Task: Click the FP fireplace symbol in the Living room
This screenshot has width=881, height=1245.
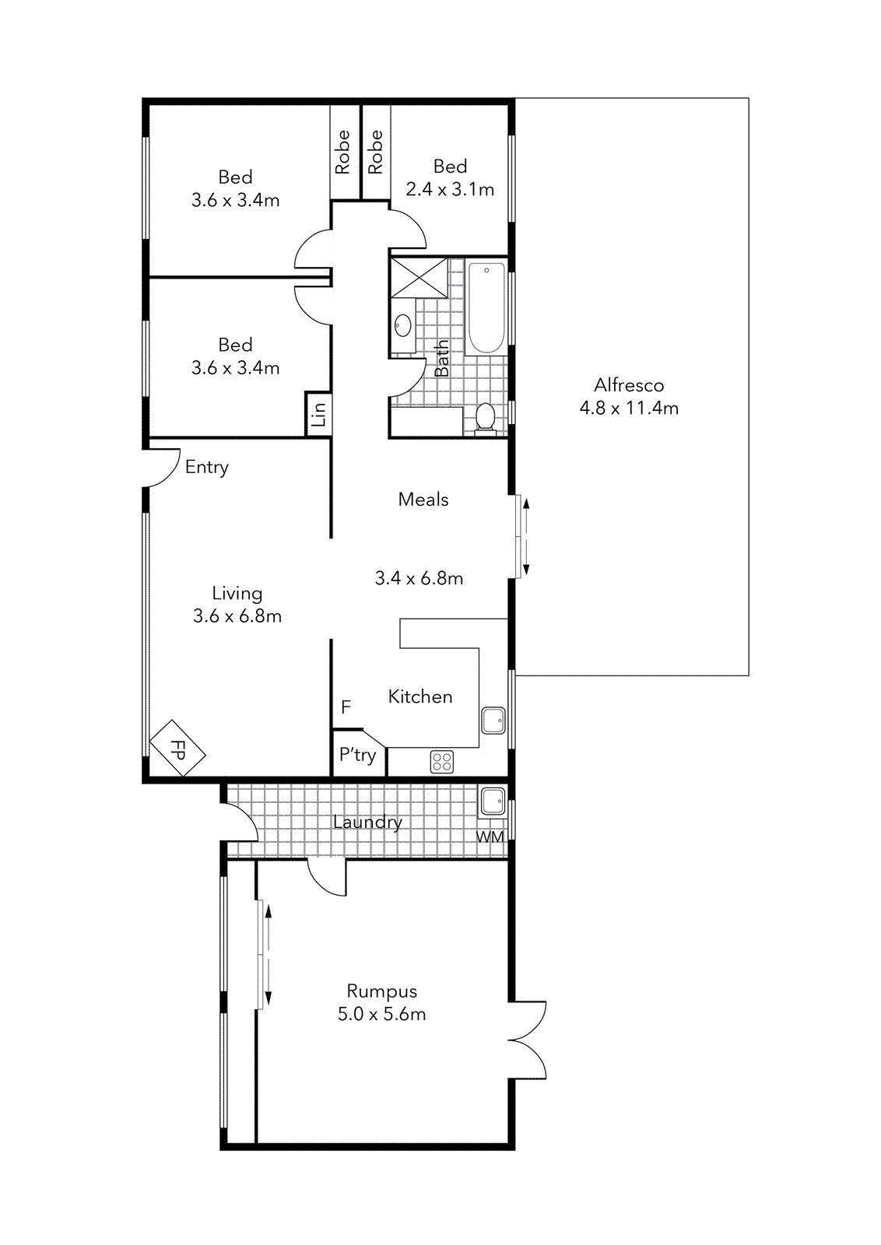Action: tap(177, 749)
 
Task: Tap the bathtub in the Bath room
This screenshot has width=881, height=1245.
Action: tap(486, 308)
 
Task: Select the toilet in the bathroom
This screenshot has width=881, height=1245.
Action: tap(485, 416)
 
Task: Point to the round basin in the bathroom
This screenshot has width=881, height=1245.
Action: tap(402, 325)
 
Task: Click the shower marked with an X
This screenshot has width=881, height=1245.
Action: tap(419, 278)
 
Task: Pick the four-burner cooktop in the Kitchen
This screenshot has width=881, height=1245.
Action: tap(442, 762)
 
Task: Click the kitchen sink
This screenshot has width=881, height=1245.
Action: tap(493, 720)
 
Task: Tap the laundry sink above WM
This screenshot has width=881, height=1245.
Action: tap(493, 801)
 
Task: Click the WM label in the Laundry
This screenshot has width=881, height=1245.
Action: tap(490, 837)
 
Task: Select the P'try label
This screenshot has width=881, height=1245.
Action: tap(357, 755)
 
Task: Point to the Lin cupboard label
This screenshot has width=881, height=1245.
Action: tap(318, 413)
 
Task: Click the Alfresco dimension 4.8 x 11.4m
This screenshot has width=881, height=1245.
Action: tap(629, 408)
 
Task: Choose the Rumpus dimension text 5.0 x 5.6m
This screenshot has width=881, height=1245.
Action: tap(381, 1014)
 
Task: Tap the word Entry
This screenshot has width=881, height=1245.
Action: tap(206, 467)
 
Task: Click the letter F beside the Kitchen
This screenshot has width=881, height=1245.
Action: tap(346, 707)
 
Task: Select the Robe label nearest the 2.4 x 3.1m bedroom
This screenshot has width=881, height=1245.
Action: tap(376, 151)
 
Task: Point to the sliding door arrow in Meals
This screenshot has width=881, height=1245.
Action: tap(526, 537)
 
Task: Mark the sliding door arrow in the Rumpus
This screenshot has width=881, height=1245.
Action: tap(269, 955)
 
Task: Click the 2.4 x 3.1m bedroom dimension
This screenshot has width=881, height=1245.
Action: tap(450, 189)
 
